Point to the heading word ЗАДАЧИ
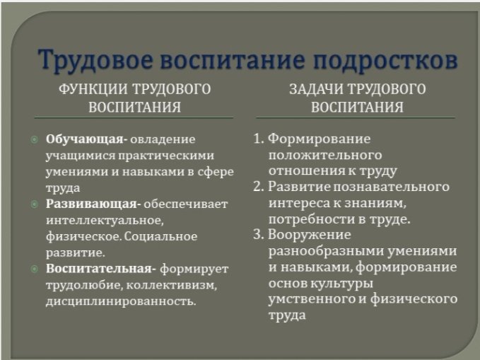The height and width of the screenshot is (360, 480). [316, 89]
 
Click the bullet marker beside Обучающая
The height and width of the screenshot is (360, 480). [35, 140]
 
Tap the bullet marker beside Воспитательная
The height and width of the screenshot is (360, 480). [35, 269]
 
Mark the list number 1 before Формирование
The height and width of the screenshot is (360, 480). [258, 139]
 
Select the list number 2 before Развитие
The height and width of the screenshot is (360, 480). [258, 187]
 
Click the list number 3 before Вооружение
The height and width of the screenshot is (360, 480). [258, 235]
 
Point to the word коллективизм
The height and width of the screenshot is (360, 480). [171, 285]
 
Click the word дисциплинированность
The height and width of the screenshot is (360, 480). [121, 301]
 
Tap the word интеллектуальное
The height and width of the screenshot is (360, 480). [105, 221]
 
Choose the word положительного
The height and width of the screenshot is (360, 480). [325, 156]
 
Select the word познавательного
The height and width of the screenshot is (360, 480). [391, 187]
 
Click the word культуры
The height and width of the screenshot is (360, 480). [341, 284]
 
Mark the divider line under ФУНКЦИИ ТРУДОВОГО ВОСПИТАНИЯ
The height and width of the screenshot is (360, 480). [134, 117]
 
